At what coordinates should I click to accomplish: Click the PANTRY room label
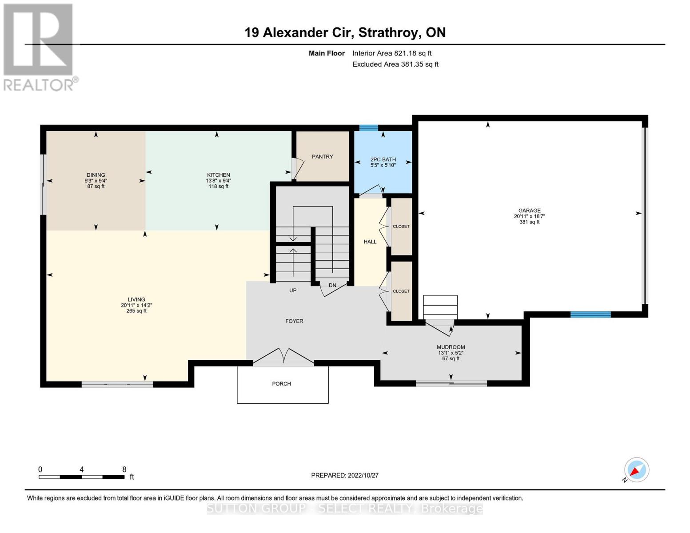click(322, 157)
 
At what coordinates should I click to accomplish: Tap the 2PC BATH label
click(383, 159)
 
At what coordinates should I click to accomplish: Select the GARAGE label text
click(529, 211)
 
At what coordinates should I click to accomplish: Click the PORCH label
click(282, 384)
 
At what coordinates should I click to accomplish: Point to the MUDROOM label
click(451, 347)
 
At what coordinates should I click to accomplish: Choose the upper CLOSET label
click(401, 227)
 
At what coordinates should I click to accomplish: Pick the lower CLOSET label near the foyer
click(401, 291)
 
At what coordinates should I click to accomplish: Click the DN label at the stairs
click(332, 286)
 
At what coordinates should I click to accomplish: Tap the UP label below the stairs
click(293, 290)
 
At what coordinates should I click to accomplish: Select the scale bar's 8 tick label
click(124, 469)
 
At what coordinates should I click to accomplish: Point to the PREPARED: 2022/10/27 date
click(345, 475)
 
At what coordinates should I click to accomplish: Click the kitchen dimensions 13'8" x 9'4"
click(218, 181)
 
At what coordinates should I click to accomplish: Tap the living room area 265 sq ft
click(136, 311)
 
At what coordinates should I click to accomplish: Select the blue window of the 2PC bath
click(368, 128)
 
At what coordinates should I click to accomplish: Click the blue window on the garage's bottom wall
click(590, 314)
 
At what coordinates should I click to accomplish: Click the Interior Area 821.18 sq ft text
click(392, 53)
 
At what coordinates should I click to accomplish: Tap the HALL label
click(370, 242)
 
